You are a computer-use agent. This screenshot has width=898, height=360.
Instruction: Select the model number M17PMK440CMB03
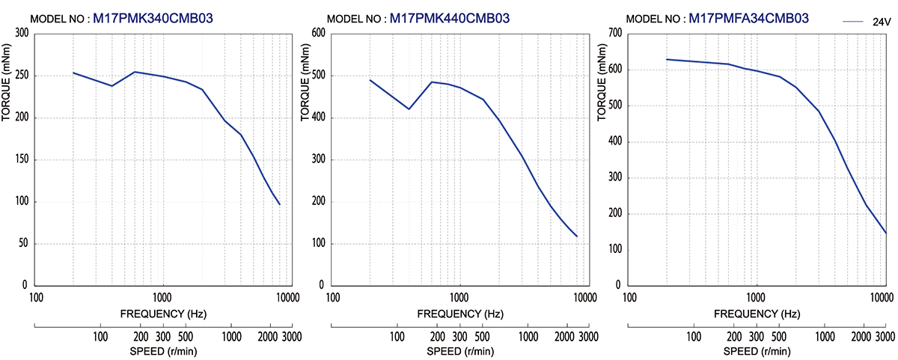click(x=450, y=18)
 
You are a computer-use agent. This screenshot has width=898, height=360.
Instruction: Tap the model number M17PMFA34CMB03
click(x=748, y=18)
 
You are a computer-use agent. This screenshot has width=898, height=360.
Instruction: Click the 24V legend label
click(x=881, y=23)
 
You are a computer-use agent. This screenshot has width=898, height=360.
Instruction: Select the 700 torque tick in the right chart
click(x=614, y=33)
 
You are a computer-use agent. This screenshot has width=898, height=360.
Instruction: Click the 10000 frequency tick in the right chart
click(x=884, y=297)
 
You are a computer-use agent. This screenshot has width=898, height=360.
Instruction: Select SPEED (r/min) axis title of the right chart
click(x=757, y=351)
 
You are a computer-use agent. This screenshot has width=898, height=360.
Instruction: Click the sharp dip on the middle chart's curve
click(x=409, y=109)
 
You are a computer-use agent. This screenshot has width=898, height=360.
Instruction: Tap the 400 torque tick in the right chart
click(x=614, y=141)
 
